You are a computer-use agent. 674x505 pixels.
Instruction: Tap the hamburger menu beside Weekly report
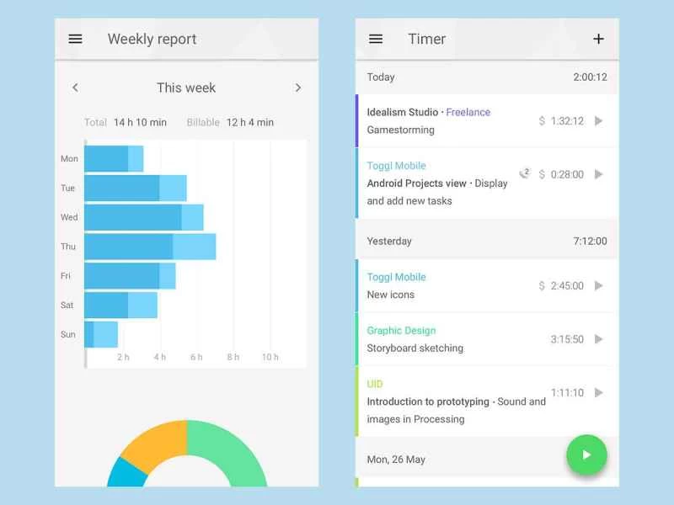coord(75,39)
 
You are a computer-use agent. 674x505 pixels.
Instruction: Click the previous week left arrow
coord(75,88)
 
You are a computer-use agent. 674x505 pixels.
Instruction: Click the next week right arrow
coord(298,88)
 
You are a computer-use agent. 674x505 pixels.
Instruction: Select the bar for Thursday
coord(150,247)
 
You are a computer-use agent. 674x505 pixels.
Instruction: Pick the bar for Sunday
coord(101,334)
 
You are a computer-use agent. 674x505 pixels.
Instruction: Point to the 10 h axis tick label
coord(270,357)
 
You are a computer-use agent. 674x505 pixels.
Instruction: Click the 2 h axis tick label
coord(123,357)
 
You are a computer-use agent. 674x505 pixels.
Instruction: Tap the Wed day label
coord(69,217)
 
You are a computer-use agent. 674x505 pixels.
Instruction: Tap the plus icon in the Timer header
coord(598,39)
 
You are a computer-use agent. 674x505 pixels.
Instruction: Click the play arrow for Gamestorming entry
coord(598,121)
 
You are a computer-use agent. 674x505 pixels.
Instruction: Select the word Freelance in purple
coord(468,112)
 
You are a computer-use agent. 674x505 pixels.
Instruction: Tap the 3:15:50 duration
coord(567,339)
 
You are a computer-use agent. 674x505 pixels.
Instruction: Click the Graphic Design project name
coord(401,331)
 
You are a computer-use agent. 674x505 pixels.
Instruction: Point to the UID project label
coord(375,384)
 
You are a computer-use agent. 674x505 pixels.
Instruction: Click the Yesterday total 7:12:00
coord(590,241)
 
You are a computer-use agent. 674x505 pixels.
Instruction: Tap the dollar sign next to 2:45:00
coord(542,286)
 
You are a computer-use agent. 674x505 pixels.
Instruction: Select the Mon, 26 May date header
coord(396,460)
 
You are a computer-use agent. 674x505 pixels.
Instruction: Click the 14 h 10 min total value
coord(140,122)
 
